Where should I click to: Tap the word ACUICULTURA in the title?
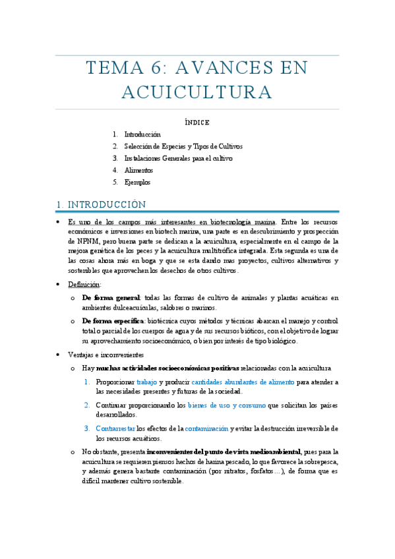click(x=197, y=92)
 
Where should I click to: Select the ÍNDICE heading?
click(x=197, y=122)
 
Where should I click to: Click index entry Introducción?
click(x=142, y=134)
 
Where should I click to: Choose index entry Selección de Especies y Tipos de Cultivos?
click(x=183, y=146)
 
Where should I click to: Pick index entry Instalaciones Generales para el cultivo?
click(x=178, y=158)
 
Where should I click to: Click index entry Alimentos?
click(x=138, y=170)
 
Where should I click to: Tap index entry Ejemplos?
click(x=137, y=182)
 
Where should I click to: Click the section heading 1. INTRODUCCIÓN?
click(x=101, y=204)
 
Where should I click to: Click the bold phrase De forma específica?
click(x=113, y=320)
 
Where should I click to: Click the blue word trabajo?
click(x=146, y=382)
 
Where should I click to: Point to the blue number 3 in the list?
click(x=86, y=428)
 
